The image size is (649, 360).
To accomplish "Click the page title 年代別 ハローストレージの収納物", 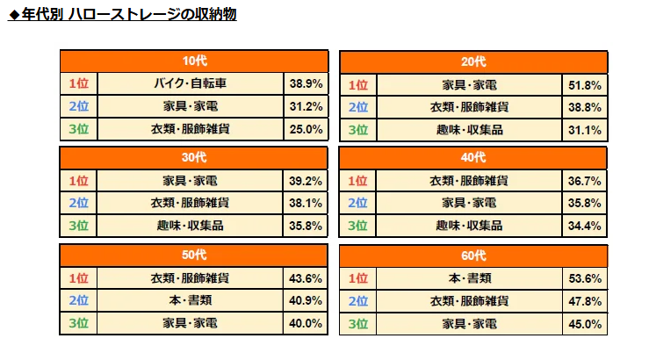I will [x=122, y=15].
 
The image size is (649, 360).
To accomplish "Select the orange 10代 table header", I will [x=194, y=62].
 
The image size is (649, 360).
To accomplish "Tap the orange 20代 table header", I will [x=473, y=62].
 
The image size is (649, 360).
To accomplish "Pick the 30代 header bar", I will [x=194, y=158].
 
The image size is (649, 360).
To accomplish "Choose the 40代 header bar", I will [x=473, y=158].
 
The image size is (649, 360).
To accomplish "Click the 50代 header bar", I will [x=194, y=256].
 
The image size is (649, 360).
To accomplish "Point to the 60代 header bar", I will [x=473, y=256].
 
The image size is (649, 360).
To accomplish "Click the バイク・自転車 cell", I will [x=191, y=84].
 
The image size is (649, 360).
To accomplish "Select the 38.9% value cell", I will [x=306, y=84].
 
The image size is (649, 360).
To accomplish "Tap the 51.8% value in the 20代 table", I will [x=584, y=85].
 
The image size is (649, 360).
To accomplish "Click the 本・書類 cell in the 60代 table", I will [x=470, y=278].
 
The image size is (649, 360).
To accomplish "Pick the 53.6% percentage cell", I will [x=584, y=278].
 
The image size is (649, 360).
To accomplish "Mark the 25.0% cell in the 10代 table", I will [x=306, y=129].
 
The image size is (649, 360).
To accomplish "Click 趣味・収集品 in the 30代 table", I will [x=191, y=225].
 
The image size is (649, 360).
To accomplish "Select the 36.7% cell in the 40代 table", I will [x=584, y=181].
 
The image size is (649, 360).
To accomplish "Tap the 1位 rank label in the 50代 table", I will [x=79, y=278].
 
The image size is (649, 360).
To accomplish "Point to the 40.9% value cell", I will [x=306, y=301].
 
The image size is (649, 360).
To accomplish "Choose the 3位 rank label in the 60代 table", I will [x=357, y=324].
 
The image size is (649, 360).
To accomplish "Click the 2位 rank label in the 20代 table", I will [x=357, y=107].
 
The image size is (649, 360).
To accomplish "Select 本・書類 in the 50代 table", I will [x=191, y=301].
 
